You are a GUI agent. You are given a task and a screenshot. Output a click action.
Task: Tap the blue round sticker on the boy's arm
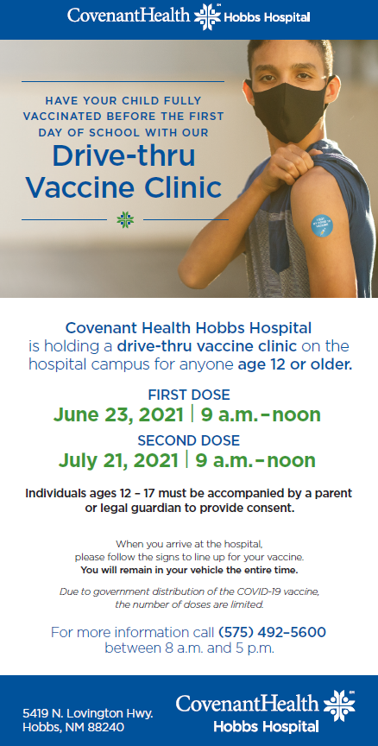coord(322,225)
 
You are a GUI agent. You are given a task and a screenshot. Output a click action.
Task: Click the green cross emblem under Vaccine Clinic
coord(125,220)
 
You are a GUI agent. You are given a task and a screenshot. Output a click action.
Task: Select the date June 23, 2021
coord(118,414)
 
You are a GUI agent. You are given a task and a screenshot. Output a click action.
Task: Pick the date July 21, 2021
coord(118,460)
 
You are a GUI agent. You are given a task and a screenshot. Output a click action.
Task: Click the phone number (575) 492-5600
coord(272,633)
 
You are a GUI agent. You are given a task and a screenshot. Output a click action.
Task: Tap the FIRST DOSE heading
coord(189,395)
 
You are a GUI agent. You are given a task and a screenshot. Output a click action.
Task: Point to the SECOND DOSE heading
coord(189,440)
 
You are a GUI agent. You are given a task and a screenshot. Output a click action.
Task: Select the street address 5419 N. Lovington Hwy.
coord(88,714)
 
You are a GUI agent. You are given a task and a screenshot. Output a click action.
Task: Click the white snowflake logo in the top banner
coord(207,16)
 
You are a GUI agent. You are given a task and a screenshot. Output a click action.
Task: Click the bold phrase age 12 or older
coord(295,365)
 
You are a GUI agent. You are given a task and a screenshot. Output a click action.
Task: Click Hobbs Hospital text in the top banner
coord(268,18)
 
